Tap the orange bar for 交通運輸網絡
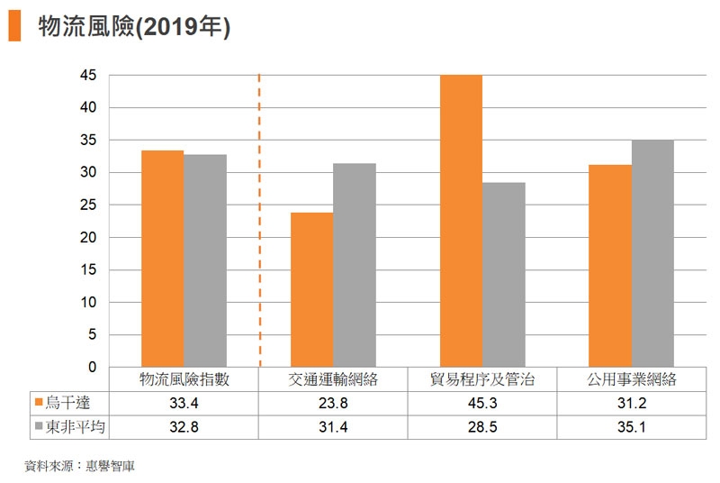(x=311, y=289)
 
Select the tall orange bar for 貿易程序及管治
(x=461, y=221)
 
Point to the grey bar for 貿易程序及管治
(x=504, y=275)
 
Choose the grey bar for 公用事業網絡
(x=652, y=253)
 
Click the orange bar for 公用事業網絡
(x=610, y=266)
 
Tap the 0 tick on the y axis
(x=92, y=368)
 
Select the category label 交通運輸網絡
(x=333, y=380)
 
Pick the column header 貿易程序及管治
(x=482, y=380)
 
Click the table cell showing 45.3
(x=482, y=403)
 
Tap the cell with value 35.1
(x=631, y=426)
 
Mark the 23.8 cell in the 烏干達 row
(x=333, y=403)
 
